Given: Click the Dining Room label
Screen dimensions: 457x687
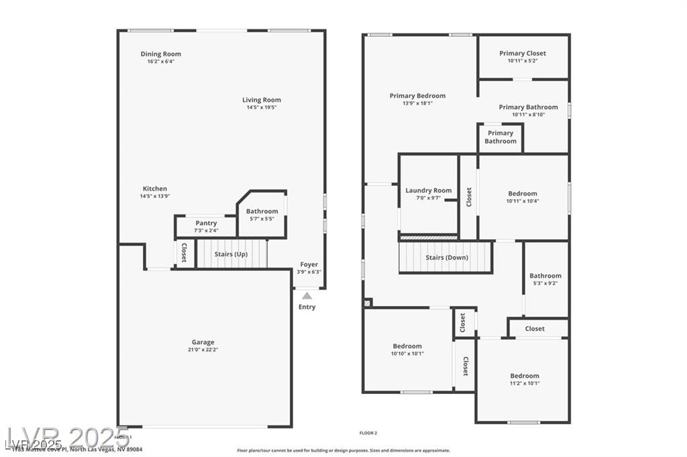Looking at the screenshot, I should pyautogui.click(x=160, y=54).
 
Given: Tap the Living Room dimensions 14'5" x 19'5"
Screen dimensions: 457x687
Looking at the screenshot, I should pyautogui.click(x=262, y=107).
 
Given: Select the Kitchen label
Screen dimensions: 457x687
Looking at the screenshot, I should pyautogui.click(x=155, y=189).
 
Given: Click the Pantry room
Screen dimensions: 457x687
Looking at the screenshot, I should pyautogui.click(x=206, y=226).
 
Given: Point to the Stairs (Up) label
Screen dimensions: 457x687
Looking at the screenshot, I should pyautogui.click(x=231, y=255).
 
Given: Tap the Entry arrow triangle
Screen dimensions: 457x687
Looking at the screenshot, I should pyautogui.click(x=307, y=296).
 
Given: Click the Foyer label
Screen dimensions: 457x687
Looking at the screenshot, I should pyautogui.click(x=309, y=265).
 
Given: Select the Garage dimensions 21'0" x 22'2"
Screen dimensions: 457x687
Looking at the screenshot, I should pyautogui.click(x=203, y=350).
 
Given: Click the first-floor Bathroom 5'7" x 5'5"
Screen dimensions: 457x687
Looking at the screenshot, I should pyautogui.click(x=262, y=214).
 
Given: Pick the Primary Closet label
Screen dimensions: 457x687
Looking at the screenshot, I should pyautogui.click(x=523, y=54).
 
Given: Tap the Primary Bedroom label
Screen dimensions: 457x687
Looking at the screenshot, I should pyautogui.click(x=417, y=96).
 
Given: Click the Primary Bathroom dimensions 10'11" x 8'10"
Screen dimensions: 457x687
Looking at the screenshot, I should pyautogui.click(x=528, y=115).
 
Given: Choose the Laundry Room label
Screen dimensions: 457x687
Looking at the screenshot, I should pyautogui.click(x=428, y=191).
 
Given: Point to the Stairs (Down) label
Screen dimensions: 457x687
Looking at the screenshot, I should pyautogui.click(x=447, y=258).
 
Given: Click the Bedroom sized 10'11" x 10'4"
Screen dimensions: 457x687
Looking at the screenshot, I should pyautogui.click(x=522, y=197).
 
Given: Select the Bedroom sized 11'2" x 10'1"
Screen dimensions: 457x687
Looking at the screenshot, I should pyautogui.click(x=524, y=379).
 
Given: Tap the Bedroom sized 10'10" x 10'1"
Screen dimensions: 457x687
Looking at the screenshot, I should pyautogui.click(x=407, y=350).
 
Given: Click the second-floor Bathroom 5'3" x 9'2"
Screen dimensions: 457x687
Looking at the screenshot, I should pyautogui.click(x=545, y=279).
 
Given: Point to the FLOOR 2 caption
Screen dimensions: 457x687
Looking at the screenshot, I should pyautogui.click(x=368, y=434).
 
